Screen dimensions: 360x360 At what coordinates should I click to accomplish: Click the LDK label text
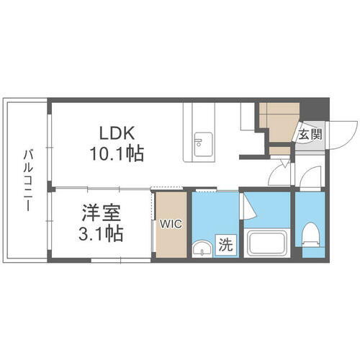point(117,133)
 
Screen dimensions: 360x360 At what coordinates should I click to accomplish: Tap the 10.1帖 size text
point(117,153)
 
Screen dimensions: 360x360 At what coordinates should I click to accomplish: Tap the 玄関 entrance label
point(311,134)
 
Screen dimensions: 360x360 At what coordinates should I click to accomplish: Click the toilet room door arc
point(311,177)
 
